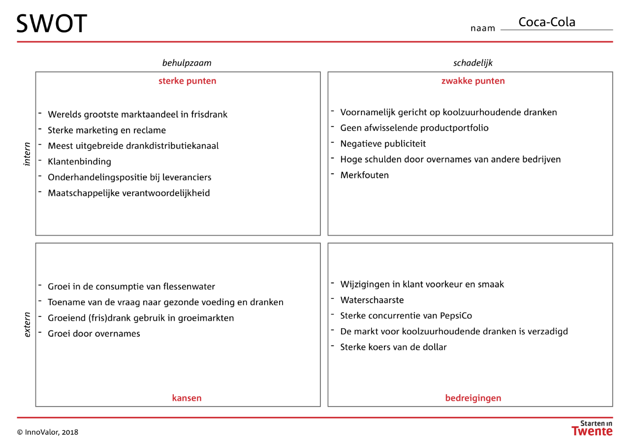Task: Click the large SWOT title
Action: click(x=52, y=24)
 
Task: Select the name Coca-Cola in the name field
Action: click(x=547, y=22)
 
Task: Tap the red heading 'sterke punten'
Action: click(x=187, y=81)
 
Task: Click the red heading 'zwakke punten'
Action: click(x=473, y=81)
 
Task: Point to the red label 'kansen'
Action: click(x=187, y=398)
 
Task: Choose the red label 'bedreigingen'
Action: click(x=473, y=398)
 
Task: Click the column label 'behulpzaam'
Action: click(x=187, y=63)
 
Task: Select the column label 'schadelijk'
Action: click(x=473, y=63)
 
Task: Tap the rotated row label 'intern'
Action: click(x=27, y=154)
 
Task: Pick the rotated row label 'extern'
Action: click(x=27, y=325)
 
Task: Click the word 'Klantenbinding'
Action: click(x=79, y=162)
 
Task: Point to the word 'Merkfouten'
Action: click(x=364, y=175)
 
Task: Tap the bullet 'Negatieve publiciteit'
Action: click(x=383, y=144)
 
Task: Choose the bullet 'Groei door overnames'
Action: click(x=94, y=334)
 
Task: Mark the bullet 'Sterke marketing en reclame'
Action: click(x=107, y=130)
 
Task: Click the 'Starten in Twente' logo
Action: click(x=592, y=428)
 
